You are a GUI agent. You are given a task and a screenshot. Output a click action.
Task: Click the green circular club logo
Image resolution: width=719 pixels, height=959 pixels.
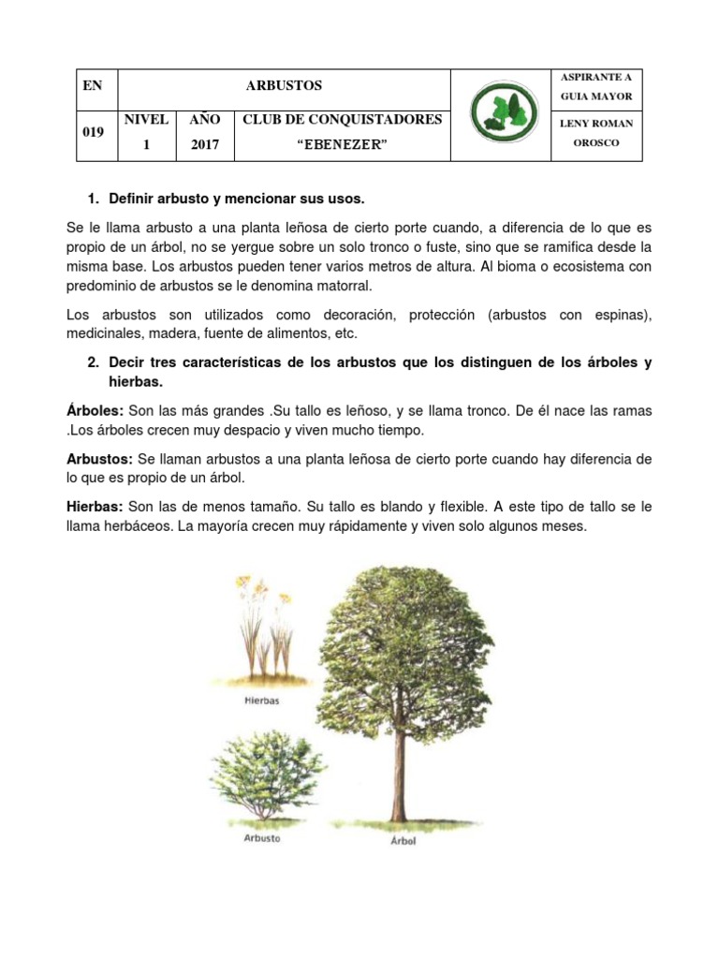500,114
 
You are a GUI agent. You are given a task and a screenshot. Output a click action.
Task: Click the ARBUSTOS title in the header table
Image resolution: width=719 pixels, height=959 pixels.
283,85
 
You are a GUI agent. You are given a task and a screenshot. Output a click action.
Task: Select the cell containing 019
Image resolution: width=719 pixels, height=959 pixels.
94,132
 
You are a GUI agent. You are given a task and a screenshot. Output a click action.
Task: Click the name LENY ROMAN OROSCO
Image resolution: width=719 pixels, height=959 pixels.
596,133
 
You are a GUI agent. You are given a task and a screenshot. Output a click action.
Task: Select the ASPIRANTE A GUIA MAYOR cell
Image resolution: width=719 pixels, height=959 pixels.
596,86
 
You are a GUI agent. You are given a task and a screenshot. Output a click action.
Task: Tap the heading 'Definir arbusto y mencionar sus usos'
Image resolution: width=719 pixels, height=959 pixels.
236,199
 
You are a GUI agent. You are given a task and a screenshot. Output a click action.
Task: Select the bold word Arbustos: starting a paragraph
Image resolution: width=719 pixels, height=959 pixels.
100,460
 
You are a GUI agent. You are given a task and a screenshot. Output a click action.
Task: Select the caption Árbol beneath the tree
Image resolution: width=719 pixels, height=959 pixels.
403,840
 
